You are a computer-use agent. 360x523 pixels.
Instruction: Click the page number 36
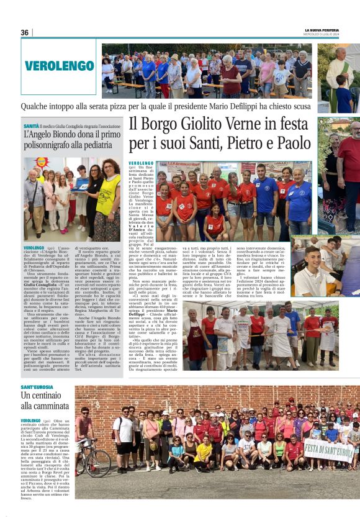coord(24,32)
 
